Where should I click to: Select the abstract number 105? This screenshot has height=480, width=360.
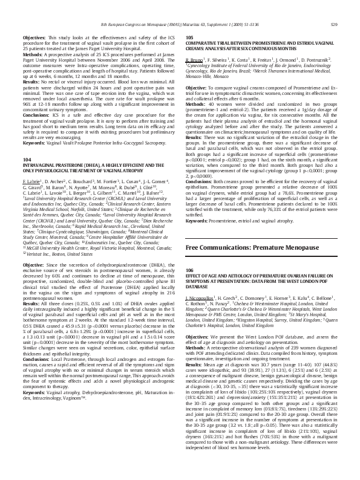189,37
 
